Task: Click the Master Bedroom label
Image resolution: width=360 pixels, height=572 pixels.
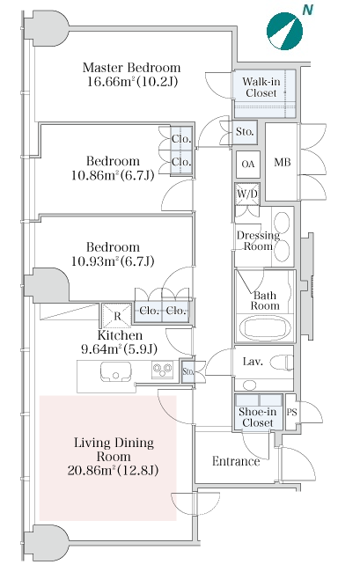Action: [x=131, y=68]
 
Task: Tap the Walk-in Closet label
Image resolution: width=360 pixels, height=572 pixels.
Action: [x=261, y=87]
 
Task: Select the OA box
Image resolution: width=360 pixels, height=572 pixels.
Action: [x=248, y=165]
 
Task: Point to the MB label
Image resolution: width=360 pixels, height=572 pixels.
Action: [x=283, y=162]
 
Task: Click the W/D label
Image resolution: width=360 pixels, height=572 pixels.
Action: [x=247, y=194]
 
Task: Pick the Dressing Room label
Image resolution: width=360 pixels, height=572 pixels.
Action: [x=258, y=240]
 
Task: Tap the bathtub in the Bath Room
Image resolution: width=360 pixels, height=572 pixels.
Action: [x=266, y=329]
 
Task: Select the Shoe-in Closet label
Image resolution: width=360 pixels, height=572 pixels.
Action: [x=258, y=417]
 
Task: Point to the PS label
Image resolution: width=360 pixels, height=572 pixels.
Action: [x=292, y=412]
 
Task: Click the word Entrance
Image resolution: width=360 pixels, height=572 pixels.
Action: [x=236, y=461]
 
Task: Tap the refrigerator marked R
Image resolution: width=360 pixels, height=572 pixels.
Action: [x=117, y=316]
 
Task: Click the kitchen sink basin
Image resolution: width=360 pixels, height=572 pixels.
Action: [x=115, y=371]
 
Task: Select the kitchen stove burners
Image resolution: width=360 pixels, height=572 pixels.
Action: [x=162, y=370]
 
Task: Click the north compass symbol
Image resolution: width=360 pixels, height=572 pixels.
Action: [x=284, y=31]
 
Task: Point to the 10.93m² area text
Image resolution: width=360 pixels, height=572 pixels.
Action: [x=93, y=260]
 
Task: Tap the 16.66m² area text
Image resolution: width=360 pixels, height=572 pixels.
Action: [x=109, y=81]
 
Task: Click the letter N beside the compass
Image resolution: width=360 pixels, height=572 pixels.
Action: [x=308, y=10]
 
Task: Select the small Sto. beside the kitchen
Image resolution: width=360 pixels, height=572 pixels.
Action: [x=187, y=371]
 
